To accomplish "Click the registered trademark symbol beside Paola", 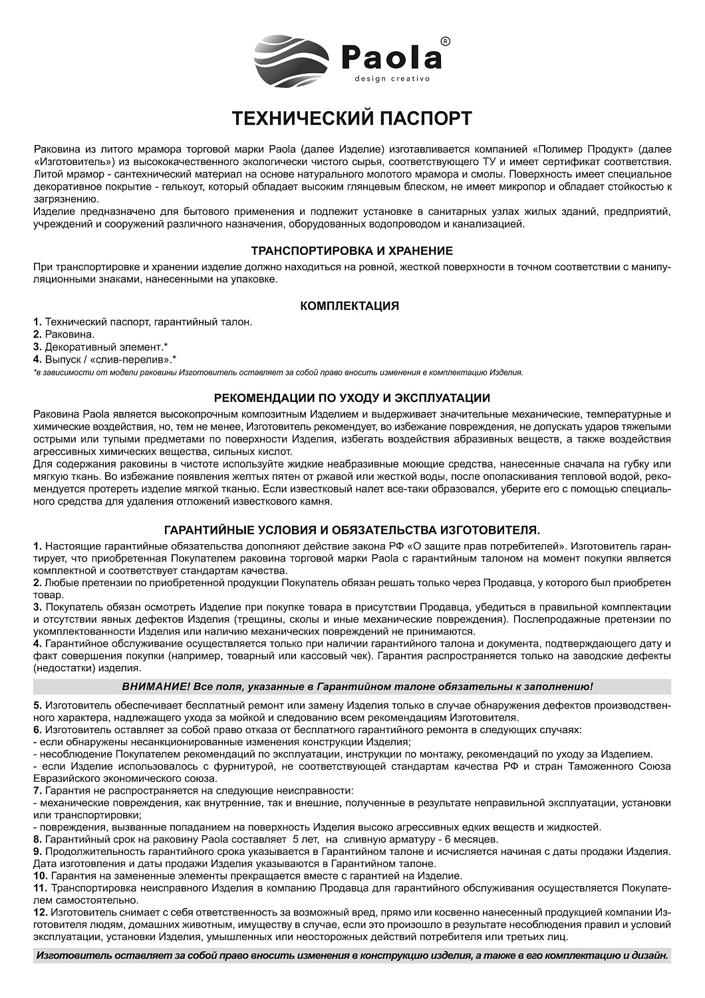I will [x=445, y=41].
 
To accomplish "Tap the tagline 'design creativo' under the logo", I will [x=392, y=79].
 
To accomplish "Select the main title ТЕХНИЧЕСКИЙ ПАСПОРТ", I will [x=352, y=118].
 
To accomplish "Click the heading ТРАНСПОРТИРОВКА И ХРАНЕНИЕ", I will [x=352, y=251].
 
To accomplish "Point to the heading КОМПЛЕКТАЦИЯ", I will [x=350, y=306].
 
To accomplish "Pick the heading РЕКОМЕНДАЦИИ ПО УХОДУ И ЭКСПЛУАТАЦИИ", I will [x=352, y=398].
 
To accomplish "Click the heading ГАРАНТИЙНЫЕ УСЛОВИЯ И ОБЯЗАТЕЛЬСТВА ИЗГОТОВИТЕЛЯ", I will [x=352, y=530].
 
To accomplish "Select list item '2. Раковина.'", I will [x=64, y=334].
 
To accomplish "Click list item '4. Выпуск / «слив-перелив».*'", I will [x=104, y=359].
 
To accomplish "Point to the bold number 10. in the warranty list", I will [x=40, y=876].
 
